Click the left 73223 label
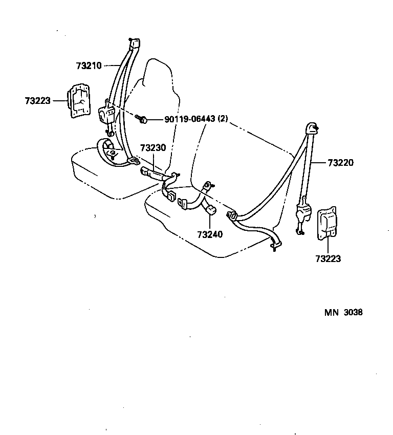[37, 101]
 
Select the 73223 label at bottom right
[328, 259]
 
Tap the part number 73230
[152, 148]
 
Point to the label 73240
[210, 235]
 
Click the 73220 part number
[340, 163]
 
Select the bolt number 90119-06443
[189, 119]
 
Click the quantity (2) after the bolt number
[223, 119]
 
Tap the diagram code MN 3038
[343, 312]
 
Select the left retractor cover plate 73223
[77, 102]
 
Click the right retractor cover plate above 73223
[327, 224]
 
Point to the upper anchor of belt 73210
[135, 43]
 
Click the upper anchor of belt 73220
[311, 128]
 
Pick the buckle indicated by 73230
[151, 172]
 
